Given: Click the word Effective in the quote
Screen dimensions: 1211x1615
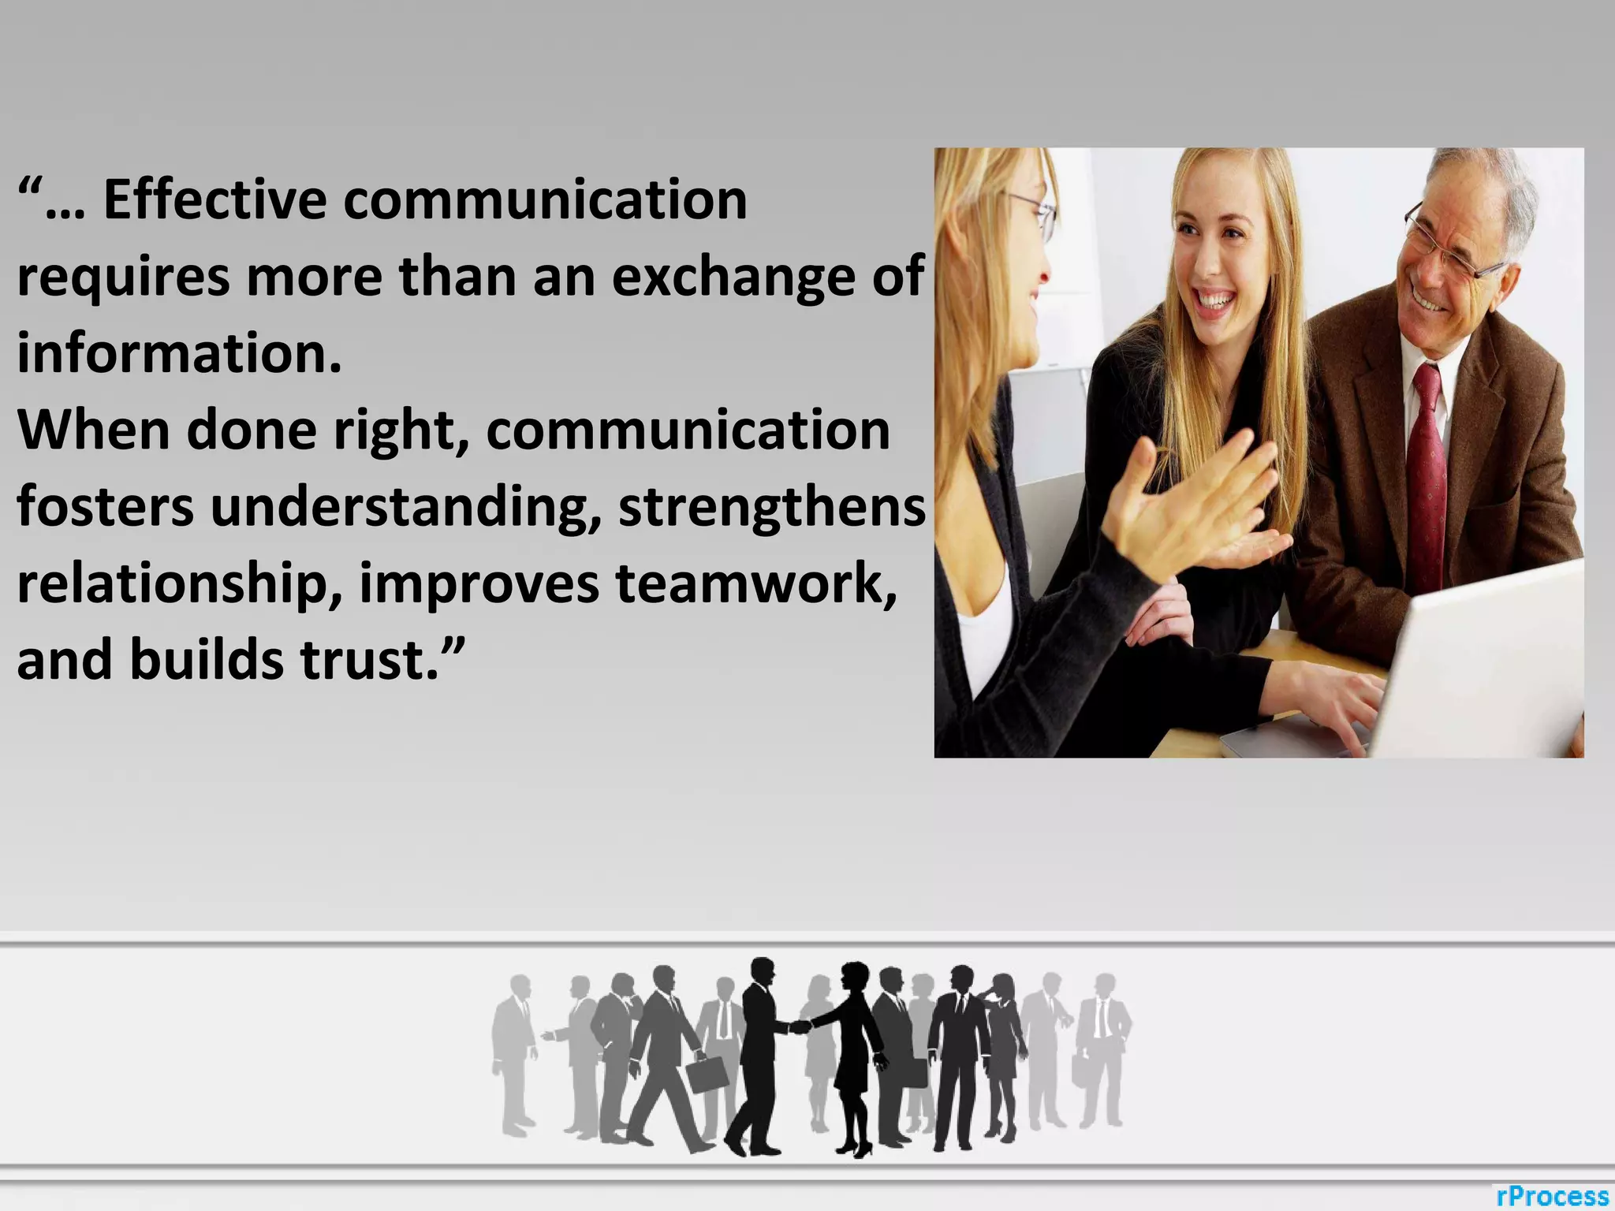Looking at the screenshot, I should (214, 199).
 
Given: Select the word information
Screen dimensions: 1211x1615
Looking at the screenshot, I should (179, 353).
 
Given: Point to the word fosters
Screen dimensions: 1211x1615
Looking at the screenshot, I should (105, 506).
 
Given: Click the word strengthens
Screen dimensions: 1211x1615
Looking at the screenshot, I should (772, 506).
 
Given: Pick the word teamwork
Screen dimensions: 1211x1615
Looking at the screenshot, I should (756, 583).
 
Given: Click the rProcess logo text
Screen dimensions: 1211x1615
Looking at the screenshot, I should (1552, 1195).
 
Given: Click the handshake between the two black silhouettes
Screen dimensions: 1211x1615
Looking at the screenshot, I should (800, 1027).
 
